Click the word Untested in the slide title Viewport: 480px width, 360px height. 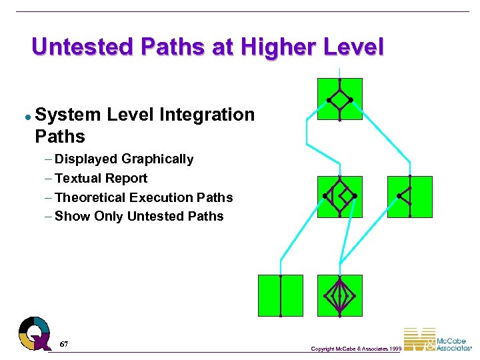click(73, 47)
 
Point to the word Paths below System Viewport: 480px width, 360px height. click(60, 137)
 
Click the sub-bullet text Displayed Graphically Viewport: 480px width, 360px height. click(124, 159)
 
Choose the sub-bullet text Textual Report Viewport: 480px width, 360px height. click(101, 178)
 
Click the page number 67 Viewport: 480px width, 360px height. click(64, 344)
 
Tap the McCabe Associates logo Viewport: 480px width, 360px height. click(437, 340)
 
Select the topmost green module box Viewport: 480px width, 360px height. click(339, 99)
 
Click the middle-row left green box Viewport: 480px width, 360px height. click(339, 197)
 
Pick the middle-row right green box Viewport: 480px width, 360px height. click(409, 197)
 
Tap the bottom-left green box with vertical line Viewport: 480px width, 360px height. click(280, 295)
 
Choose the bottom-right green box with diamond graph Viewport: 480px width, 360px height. click(339, 295)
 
